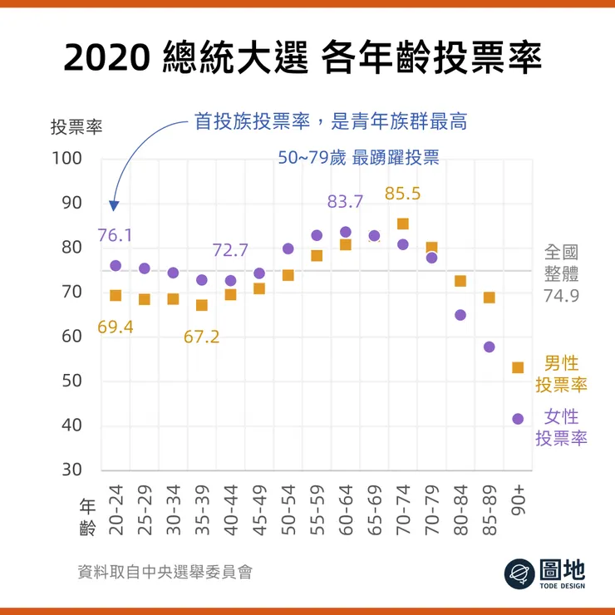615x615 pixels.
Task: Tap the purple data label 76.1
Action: pos(115,235)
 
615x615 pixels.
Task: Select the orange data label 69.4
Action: pos(115,327)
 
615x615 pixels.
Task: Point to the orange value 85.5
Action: pos(403,194)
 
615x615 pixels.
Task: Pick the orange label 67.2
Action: pos(201,337)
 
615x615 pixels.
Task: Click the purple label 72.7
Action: pos(230,250)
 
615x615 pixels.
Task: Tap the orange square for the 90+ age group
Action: pos(518,367)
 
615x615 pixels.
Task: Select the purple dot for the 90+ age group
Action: pos(518,419)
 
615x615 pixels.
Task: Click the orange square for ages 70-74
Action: pos(403,224)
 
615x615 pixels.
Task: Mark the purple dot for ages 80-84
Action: pos(460,315)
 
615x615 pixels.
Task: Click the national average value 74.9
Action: pos(561,295)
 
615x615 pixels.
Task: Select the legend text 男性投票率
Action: pos(561,374)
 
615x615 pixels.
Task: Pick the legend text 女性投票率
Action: pos(561,427)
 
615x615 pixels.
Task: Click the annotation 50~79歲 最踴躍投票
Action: pos(358,158)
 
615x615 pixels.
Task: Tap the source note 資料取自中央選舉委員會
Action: pos(165,572)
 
